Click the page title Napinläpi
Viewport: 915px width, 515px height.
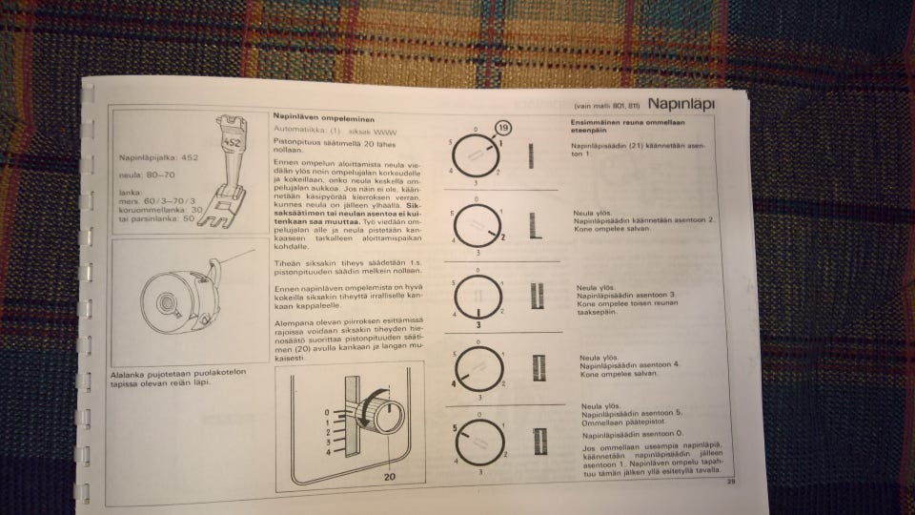point(681,103)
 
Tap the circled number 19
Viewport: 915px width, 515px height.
point(503,129)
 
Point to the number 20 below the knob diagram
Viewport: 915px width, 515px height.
point(389,477)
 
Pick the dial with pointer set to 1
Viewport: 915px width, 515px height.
point(476,154)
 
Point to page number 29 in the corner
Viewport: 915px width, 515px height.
point(730,482)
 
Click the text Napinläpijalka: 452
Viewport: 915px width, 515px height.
point(158,156)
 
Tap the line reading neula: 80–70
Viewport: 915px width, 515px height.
point(146,175)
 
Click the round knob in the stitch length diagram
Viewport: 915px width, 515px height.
point(388,418)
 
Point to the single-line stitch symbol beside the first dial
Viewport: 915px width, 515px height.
point(530,154)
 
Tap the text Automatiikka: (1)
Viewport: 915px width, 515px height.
point(301,128)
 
